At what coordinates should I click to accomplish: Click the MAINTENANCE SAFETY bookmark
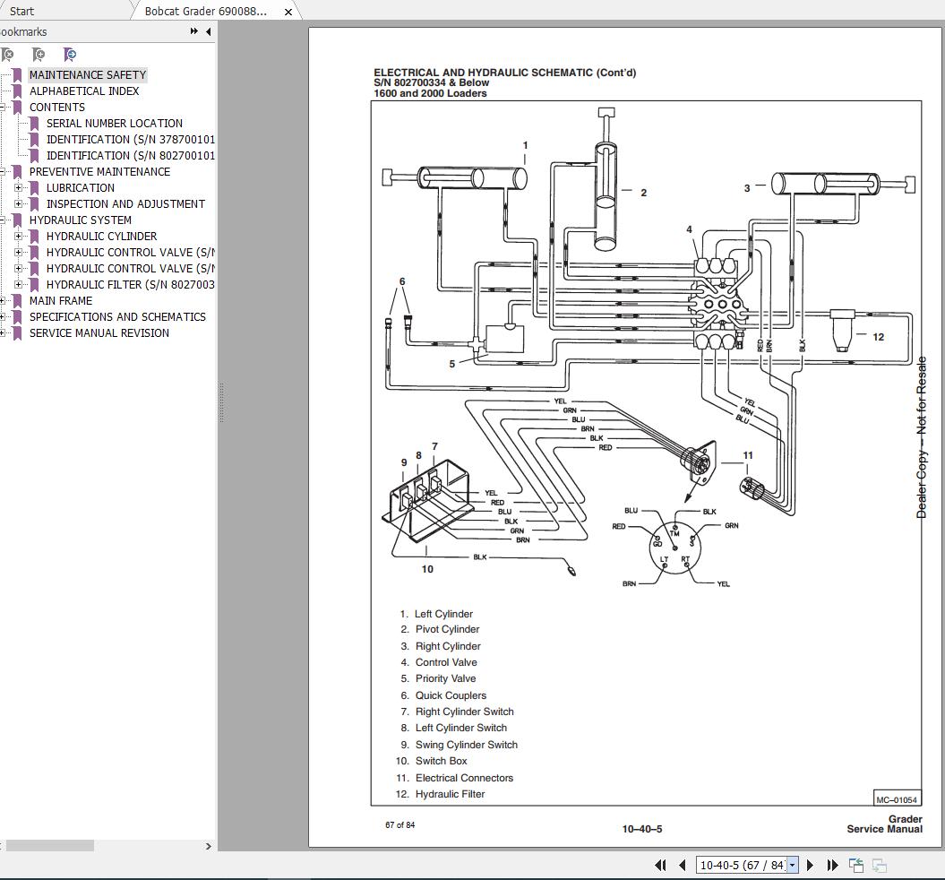point(87,75)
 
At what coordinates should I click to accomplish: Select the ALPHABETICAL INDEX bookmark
point(83,91)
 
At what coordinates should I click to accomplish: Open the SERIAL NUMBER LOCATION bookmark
point(114,124)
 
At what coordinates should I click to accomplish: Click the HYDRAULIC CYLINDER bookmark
point(101,237)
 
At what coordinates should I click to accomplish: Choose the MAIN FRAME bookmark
point(60,301)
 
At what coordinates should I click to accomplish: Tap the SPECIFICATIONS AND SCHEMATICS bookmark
point(116,317)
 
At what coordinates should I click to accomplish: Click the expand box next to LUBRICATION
point(19,188)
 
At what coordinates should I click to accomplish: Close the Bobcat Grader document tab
point(288,12)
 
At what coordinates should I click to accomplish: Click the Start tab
point(21,12)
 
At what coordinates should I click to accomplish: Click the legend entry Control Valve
point(446,662)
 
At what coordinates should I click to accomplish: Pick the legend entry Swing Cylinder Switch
point(466,745)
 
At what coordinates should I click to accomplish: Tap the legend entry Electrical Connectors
point(464,778)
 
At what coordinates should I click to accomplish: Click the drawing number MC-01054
point(896,799)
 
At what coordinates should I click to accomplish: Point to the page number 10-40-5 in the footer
point(642,829)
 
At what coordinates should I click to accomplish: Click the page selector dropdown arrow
point(792,866)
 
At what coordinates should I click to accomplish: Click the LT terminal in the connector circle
point(664,560)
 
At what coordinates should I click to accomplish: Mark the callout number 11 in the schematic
point(748,455)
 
